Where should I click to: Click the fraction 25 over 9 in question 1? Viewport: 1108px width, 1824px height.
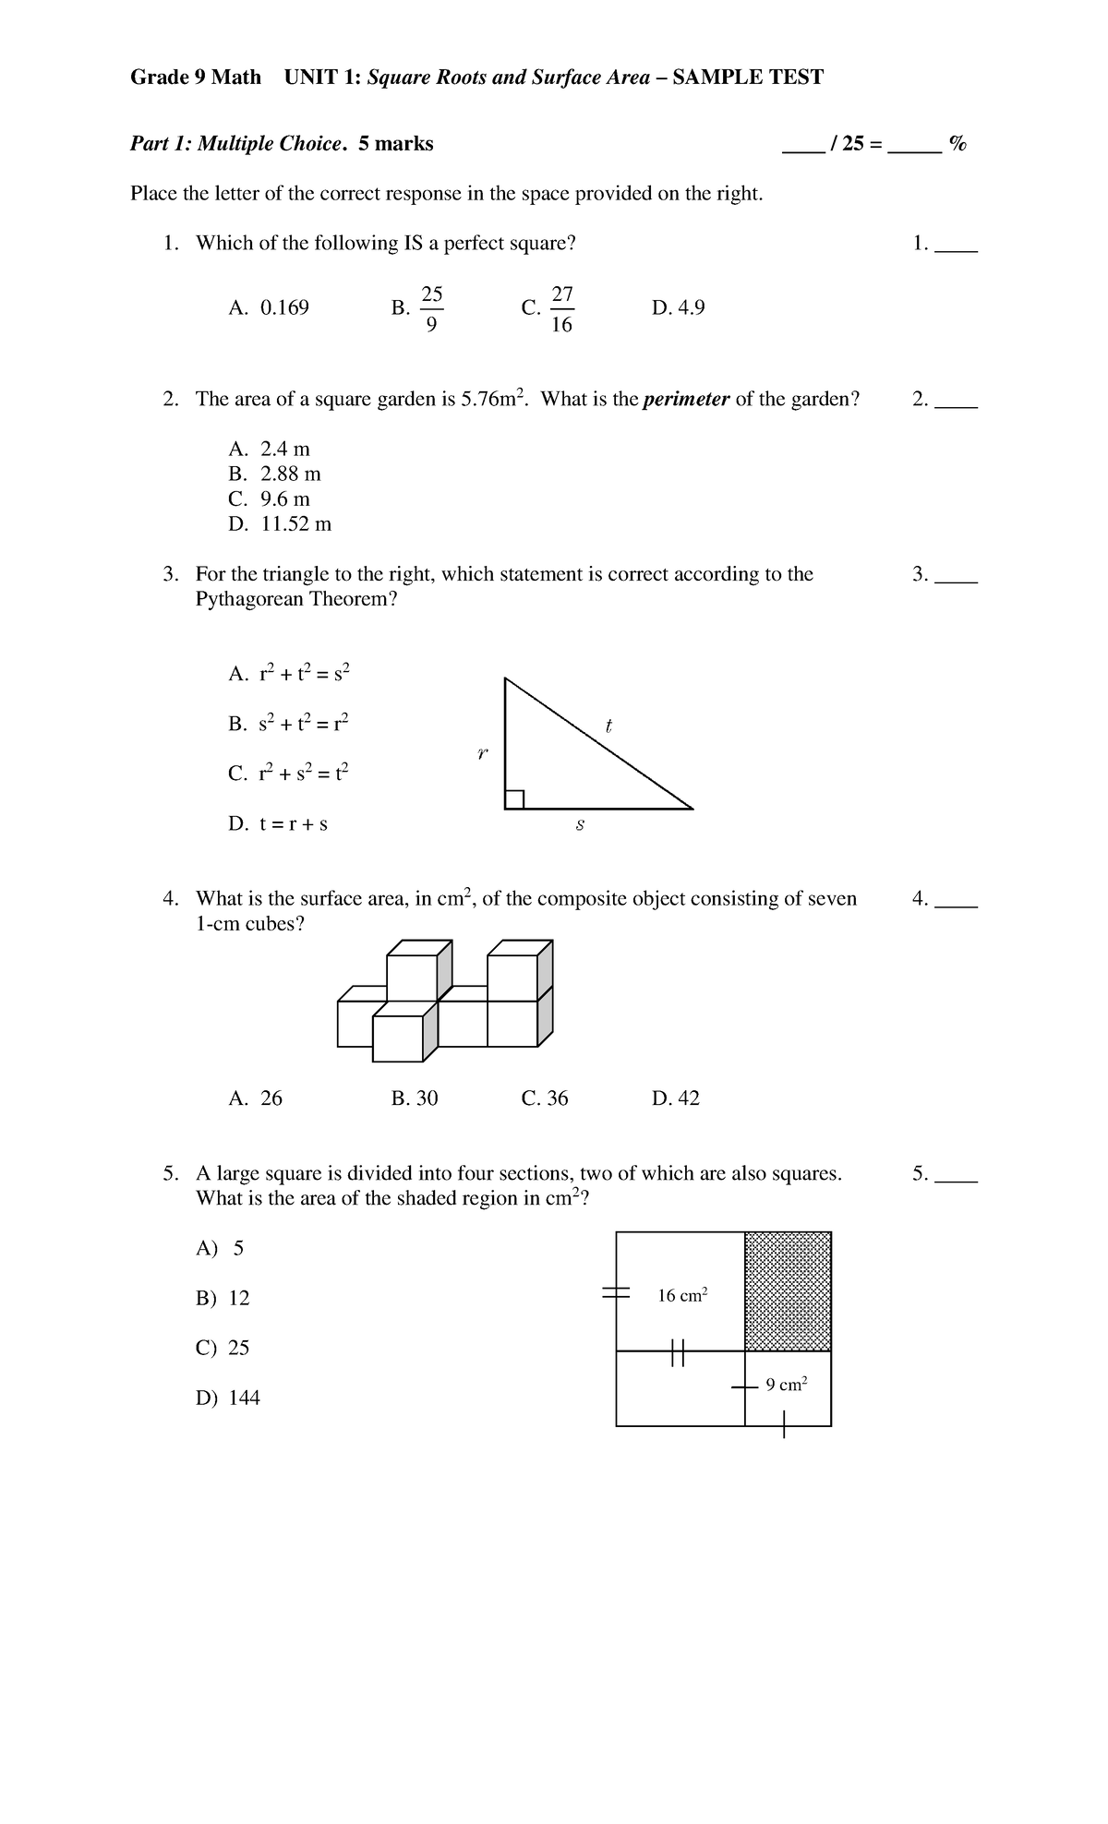(x=431, y=309)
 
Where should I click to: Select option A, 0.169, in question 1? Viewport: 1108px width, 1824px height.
(x=269, y=308)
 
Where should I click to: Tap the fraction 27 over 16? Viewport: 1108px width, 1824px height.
(x=561, y=309)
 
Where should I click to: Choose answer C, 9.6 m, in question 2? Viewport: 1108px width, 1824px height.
(x=270, y=499)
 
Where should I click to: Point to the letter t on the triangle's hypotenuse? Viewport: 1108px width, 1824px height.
(x=608, y=726)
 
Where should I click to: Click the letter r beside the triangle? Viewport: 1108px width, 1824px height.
(x=482, y=754)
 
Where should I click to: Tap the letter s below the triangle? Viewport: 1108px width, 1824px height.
(x=580, y=825)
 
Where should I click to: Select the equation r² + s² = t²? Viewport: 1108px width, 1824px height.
(x=288, y=773)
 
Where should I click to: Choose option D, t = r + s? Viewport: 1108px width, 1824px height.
(x=278, y=823)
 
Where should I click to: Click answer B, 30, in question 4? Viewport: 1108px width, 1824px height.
(x=415, y=1098)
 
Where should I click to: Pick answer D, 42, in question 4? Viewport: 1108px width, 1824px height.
(x=675, y=1098)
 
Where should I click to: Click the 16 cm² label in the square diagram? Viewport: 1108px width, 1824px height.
(x=682, y=1296)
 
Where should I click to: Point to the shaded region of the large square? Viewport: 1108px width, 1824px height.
(x=788, y=1291)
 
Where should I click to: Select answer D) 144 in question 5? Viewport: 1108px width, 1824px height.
(x=228, y=1398)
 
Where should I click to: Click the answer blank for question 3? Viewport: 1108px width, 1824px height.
(x=956, y=576)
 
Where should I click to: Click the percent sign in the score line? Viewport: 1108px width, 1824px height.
(x=957, y=144)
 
